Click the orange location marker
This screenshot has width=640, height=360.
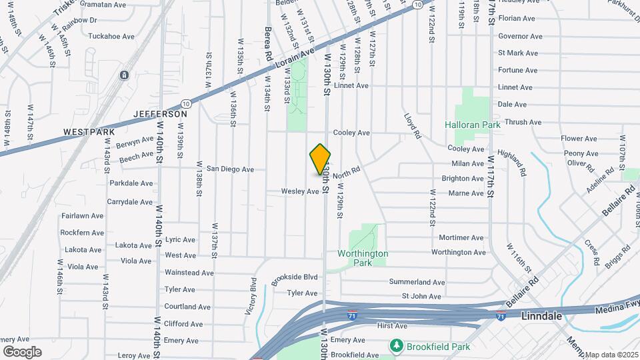tap(320, 160)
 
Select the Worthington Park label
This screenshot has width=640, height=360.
tap(363, 258)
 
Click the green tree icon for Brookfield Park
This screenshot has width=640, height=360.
tap(396, 346)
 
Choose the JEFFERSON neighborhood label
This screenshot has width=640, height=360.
tap(160, 114)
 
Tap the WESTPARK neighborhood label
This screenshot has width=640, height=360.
tap(85, 132)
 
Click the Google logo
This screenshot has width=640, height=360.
tap(22, 352)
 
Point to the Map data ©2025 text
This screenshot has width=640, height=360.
tap(611, 355)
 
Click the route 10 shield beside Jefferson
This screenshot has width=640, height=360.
tap(186, 104)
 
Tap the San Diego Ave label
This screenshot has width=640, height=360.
tap(230, 169)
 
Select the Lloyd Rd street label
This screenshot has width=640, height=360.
tap(413, 125)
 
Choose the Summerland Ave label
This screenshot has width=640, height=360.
tap(417, 283)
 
